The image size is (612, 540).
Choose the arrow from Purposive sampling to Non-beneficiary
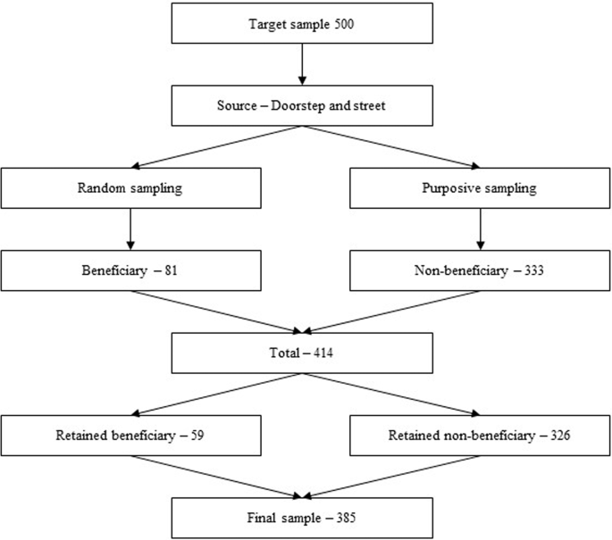tap(482, 229)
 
